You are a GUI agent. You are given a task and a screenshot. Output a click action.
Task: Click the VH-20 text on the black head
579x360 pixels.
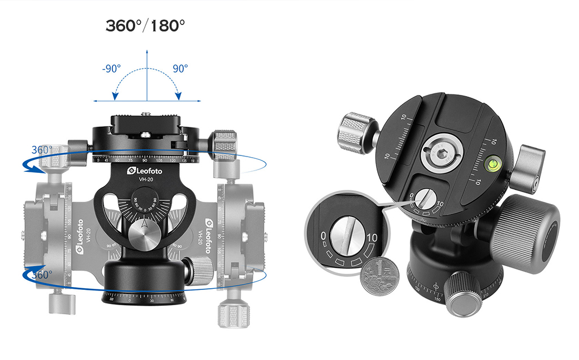tap(146, 179)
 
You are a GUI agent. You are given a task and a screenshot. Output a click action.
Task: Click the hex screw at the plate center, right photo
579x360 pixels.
tap(442, 155)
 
